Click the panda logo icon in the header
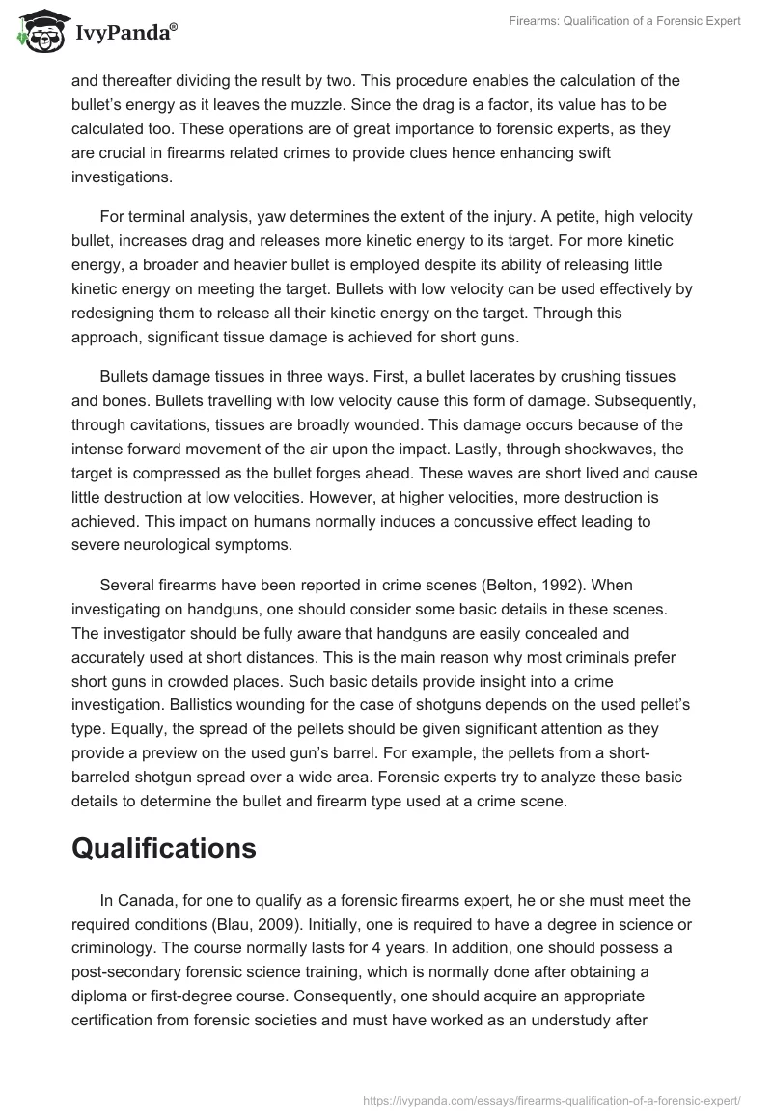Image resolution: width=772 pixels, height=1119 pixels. (x=40, y=32)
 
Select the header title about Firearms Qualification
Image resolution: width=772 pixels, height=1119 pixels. (x=625, y=21)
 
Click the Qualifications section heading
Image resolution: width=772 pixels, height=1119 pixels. (x=164, y=848)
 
